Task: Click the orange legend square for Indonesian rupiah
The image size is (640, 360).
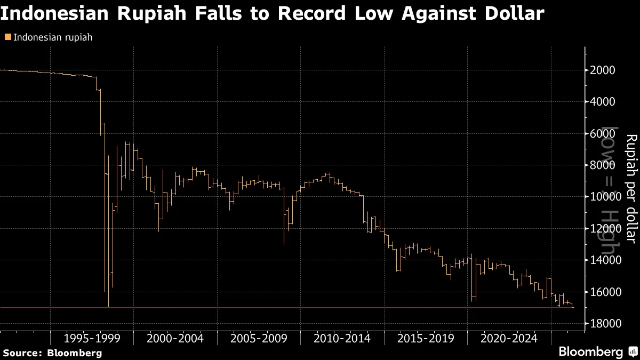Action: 7,37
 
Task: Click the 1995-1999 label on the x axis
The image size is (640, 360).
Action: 91,338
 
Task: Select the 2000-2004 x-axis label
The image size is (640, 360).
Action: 175,338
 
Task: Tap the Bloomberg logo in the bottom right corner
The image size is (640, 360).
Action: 597,352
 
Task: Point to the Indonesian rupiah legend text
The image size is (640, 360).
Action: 52,37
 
